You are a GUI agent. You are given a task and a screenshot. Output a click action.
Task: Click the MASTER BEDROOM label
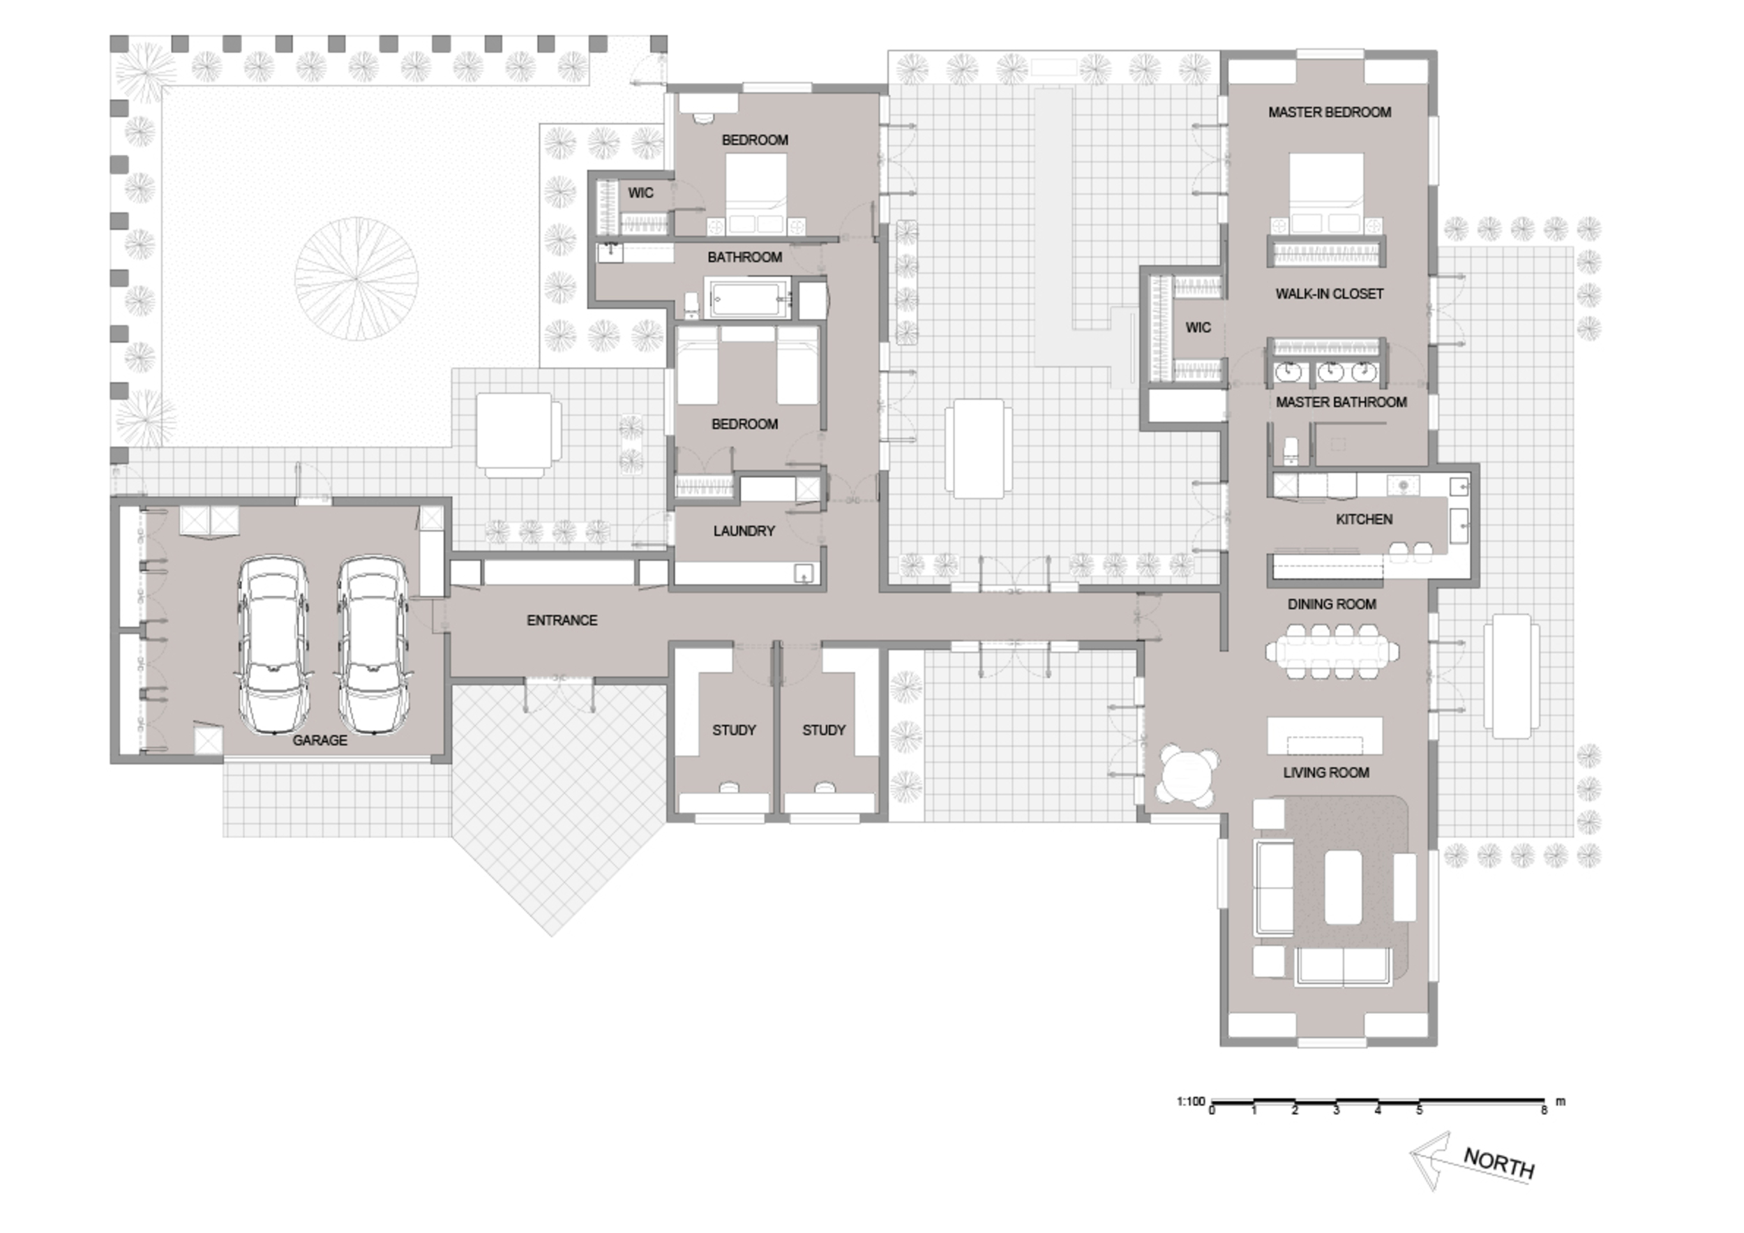pos(1329,112)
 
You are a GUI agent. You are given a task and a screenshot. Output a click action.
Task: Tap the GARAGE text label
pos(320,740)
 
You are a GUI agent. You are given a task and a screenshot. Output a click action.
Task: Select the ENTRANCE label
pos(562,620)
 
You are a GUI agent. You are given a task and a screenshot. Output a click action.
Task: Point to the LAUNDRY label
pos(744,531)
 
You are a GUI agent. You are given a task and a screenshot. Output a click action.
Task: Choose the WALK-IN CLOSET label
pos(1329,294)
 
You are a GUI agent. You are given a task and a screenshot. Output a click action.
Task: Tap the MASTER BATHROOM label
pos(1341,402)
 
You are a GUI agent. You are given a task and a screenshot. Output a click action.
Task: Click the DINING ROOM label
pos(1332,604)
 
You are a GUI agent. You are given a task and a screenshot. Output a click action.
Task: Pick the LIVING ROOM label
pos(1326,772)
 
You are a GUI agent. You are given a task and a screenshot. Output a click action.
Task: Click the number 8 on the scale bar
pos(1544,1110)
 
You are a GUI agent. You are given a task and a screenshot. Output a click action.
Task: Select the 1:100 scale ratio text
pos(1191,1101)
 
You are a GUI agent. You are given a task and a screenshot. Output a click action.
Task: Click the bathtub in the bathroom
pos(749,299)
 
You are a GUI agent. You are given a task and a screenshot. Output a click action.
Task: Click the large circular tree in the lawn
pos(356,279)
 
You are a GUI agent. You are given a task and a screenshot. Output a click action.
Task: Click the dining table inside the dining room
pos(1332,651)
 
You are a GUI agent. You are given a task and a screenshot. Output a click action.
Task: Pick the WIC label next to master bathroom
pos(1198,327)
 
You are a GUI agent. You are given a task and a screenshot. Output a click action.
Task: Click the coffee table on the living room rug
pos(1343,888)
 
